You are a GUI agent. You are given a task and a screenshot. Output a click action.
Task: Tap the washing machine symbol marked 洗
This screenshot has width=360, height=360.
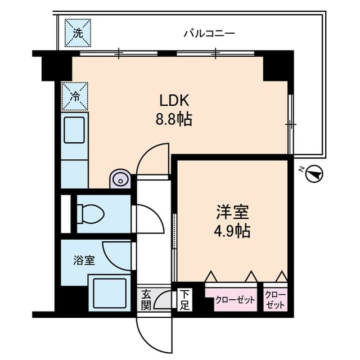click(x=78, y=33)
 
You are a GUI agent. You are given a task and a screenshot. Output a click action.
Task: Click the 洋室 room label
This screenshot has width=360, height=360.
click(x=232, y=212)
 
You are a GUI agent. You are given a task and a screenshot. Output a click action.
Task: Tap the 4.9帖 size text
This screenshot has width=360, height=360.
click(x=232, y=231)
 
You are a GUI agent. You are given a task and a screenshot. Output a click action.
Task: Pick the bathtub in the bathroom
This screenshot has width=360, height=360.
click(x=110, y=292)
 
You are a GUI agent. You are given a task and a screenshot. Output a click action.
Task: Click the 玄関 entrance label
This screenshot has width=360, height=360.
click(x=146, y=299)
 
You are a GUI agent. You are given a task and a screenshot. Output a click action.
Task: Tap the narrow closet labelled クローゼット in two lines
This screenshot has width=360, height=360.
click(x=276, y=299)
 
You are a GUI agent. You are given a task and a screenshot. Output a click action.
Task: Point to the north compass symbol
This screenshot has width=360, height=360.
click(x=314, y=174)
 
